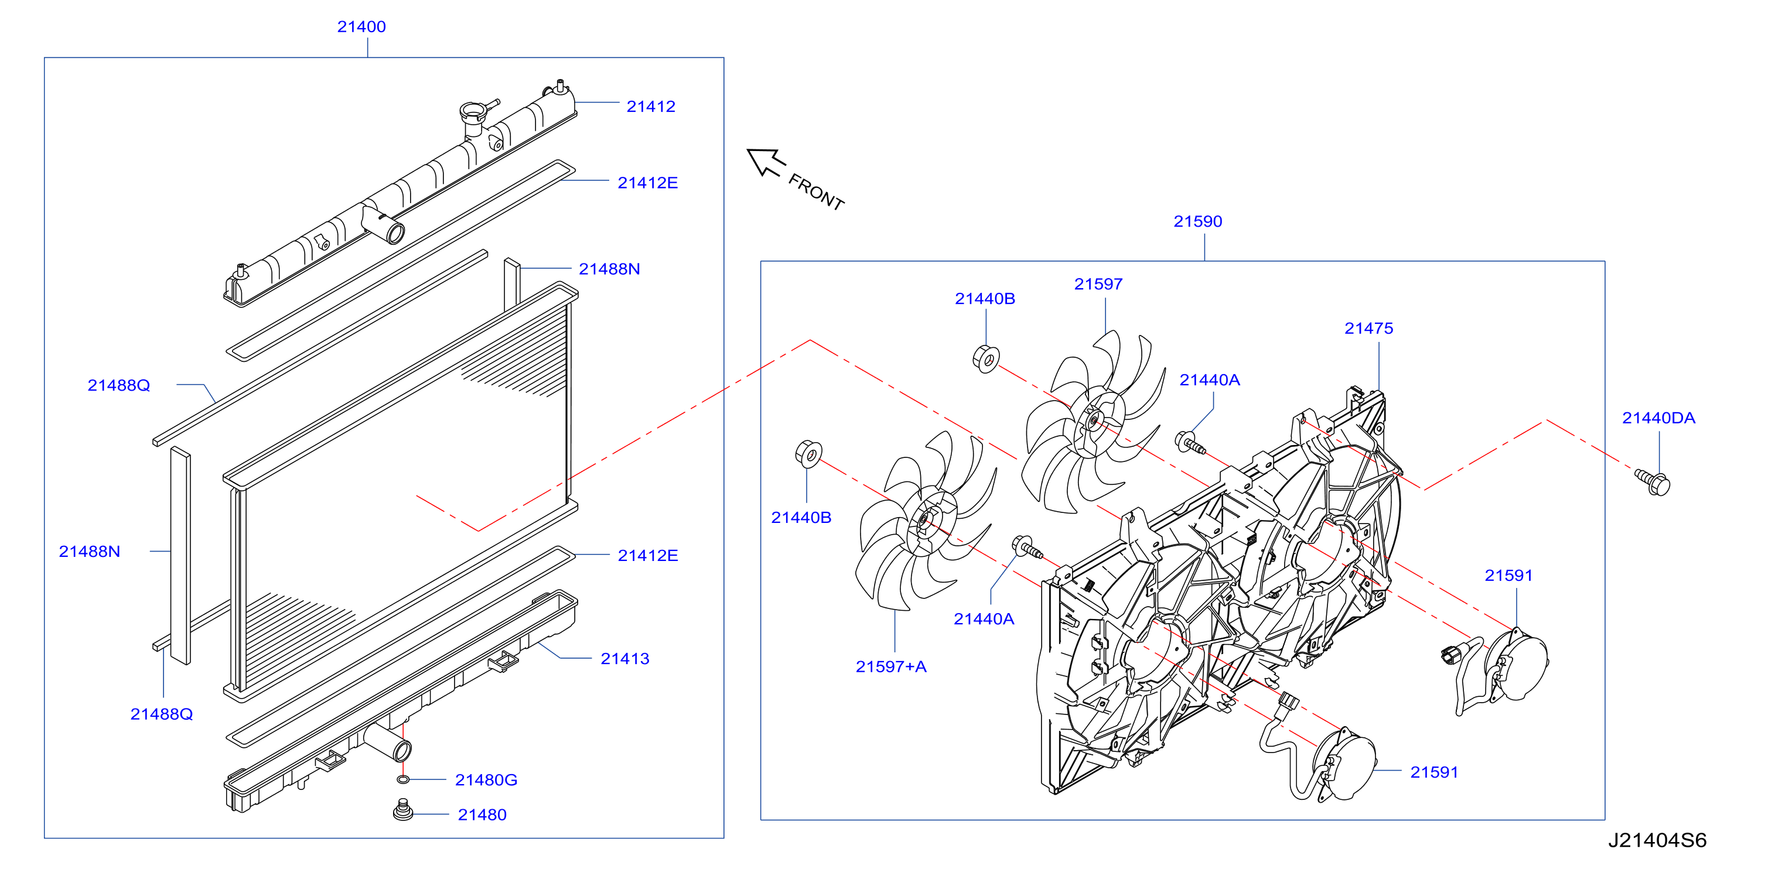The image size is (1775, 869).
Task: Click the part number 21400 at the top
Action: (361, 27)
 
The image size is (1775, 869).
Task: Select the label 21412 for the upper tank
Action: (650, 107)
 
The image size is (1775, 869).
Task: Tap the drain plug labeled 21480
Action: (403, 810)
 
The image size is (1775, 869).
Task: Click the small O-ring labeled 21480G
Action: (403, 779)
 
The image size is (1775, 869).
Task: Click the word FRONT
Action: (817, 192)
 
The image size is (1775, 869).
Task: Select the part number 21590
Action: (1197, 222)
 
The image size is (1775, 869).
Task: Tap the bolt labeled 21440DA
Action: (1653, 481)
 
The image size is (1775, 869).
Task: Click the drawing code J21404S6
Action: (1657, 840)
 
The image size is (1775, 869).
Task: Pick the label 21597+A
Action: (891, 666)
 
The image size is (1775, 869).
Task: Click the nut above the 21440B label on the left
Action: (808, 453)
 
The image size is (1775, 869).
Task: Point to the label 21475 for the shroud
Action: (1368, 329)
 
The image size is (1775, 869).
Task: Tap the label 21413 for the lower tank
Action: (625, 659)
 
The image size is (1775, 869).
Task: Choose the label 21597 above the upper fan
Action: (1098, 285)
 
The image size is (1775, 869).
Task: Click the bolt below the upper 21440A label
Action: (1189, 442)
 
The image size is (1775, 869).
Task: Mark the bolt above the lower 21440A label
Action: (1027, 548)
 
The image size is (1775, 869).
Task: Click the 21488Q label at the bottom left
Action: (161, 714)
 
